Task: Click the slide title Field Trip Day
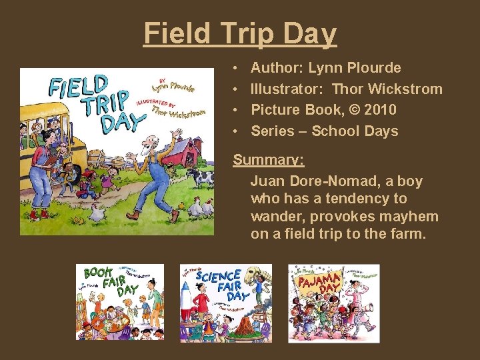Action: pyautogui.click(x=240, y=33)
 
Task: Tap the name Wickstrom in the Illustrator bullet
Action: pyautogui.click(x=407, y=89)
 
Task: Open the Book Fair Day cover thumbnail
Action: pyautogui.click(x=119, y=302)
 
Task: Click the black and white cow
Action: pyautogui.click(x=201, y=177)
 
